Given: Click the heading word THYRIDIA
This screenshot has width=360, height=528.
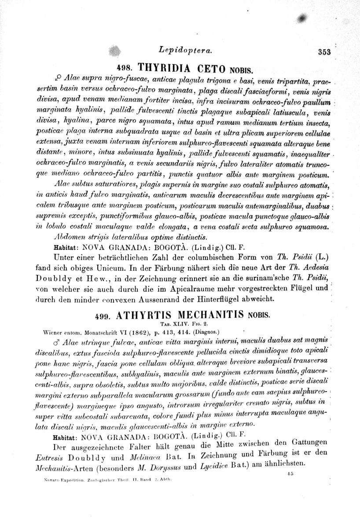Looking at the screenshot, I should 165,68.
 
